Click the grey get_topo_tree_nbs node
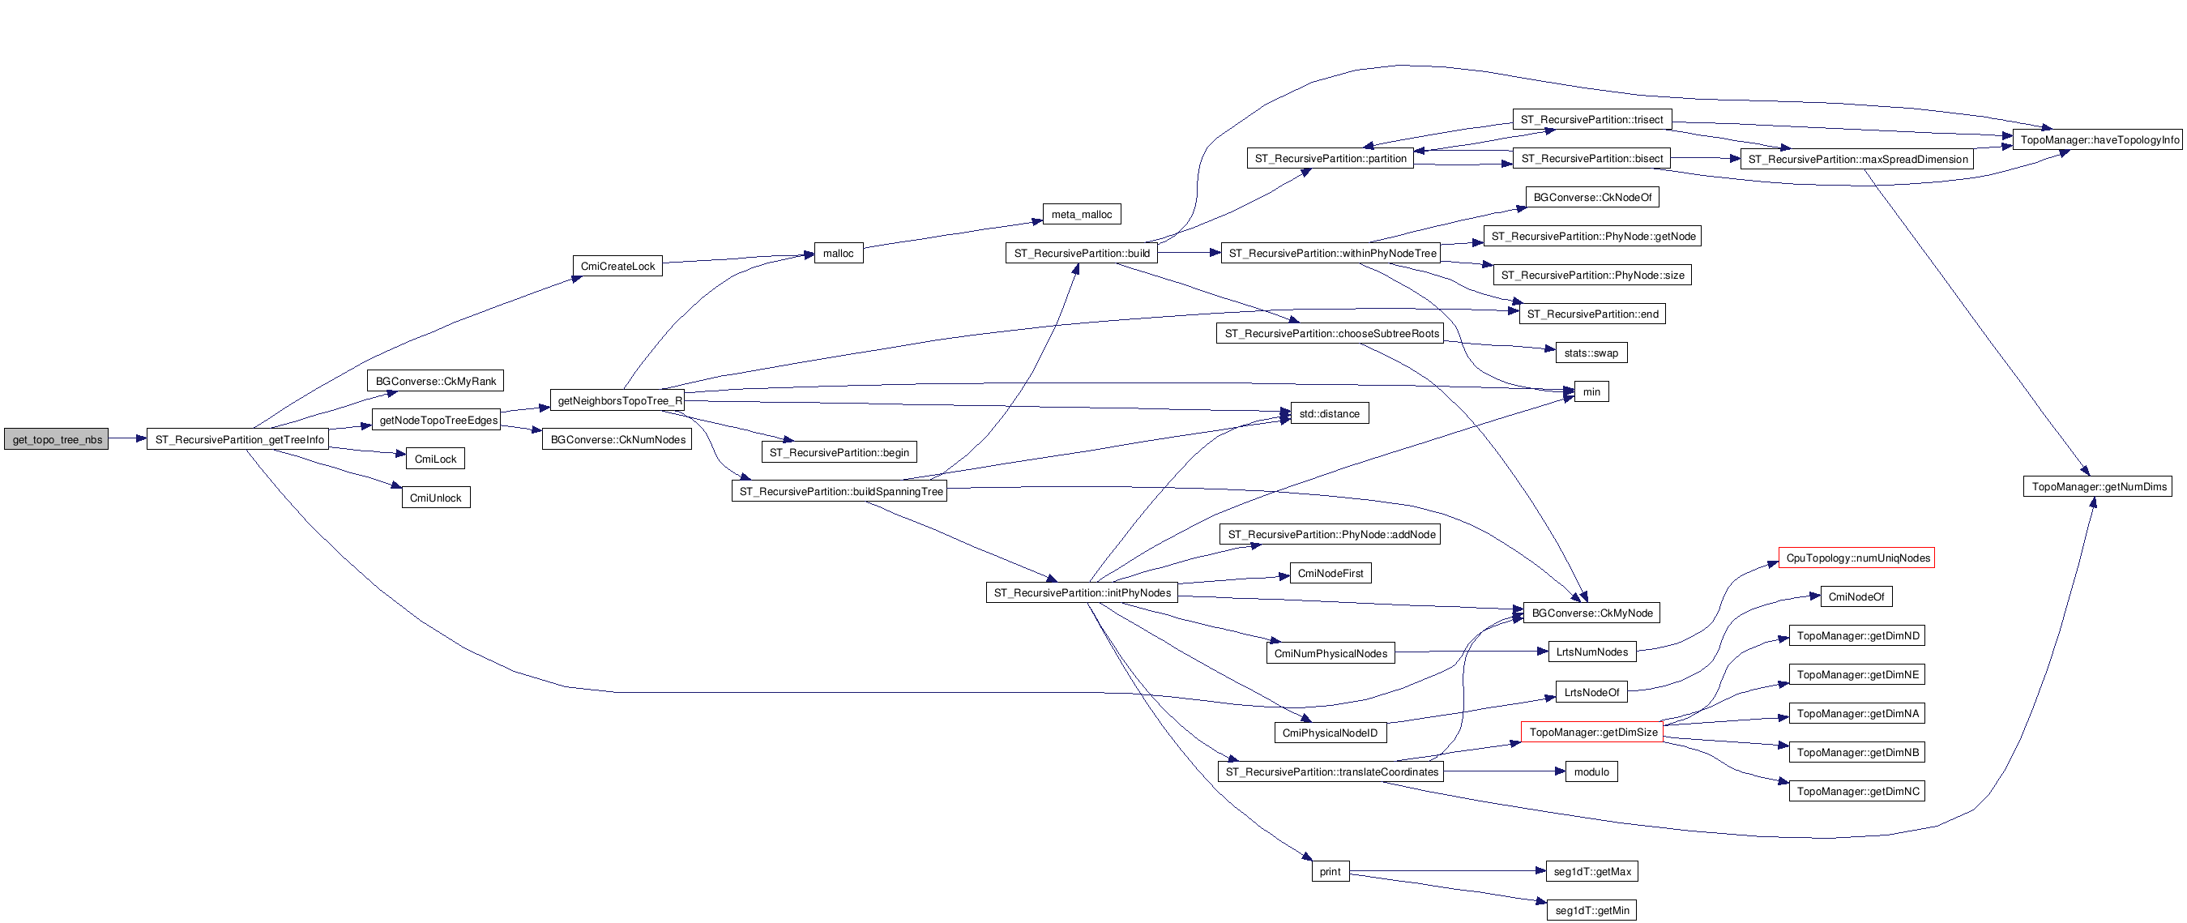(57, 439)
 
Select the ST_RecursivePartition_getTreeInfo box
(238, 439)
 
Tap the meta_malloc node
(1081, 214)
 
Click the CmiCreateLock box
(617, 266)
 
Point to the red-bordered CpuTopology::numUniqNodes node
(1856, 558)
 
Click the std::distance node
(1329, 413)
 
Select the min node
(1591, 391)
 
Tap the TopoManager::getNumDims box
(2097, 486)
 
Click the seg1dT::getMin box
(1591, 910)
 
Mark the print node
(1330, 871)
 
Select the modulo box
(1591, 771)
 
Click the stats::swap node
(1590, 353)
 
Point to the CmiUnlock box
(435, 498)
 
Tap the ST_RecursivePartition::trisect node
(1591, 120)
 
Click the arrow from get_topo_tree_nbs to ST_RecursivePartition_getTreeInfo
(127, 438)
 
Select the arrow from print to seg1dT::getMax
(1443, 871)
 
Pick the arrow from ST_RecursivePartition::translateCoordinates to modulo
(1503, 771)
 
